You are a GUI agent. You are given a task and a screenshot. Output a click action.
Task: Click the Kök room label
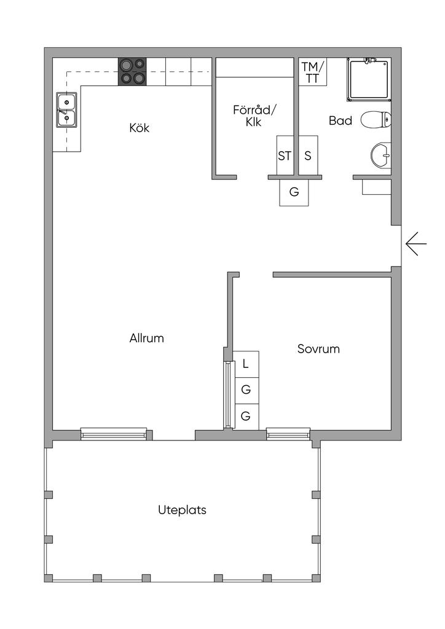(140, 128)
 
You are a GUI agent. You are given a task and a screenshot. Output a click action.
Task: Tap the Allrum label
(147, 338)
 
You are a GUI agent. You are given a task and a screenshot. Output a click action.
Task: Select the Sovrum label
(318, 349)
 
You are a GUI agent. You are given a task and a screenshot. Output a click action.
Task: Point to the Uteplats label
(182, 510)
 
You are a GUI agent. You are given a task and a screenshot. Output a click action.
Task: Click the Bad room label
(341, 121)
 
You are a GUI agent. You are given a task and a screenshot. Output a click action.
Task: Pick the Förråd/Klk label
(255, 116)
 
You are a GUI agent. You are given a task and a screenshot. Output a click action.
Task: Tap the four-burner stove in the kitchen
(133, 71)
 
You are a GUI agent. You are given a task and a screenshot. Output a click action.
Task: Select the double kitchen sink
(66, 110)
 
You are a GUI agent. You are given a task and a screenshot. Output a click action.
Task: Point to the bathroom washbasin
(381, 155)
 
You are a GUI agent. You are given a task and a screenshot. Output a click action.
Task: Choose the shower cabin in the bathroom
(369, 79)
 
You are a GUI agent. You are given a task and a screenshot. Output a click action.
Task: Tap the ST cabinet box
(284, 156)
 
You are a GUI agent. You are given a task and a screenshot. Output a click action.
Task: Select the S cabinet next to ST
(308, 156)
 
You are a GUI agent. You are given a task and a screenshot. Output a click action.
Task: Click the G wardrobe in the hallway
(294, 192)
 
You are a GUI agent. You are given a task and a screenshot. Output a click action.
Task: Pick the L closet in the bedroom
(246, 364)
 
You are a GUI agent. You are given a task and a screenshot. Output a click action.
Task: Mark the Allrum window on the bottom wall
(114, 434)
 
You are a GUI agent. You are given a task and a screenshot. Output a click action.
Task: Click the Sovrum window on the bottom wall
(288, 434)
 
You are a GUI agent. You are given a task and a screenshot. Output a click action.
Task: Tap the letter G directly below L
(246, 389)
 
